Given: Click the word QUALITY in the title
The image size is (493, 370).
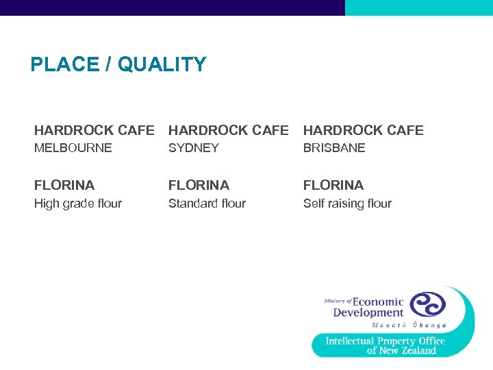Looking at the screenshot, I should (162, 64).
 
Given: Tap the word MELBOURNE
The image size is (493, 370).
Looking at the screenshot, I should (73, 148).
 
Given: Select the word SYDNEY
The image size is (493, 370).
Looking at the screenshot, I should (194, 148).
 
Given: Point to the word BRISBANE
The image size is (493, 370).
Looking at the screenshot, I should (334, 148).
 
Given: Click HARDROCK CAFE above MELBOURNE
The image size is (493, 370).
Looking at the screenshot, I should (94, 130).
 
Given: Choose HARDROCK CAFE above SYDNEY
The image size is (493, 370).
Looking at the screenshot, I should (229, 130).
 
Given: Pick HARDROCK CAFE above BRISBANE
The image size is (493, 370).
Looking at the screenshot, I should (364, 130).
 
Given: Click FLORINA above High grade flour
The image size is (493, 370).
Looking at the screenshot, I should (64, 185).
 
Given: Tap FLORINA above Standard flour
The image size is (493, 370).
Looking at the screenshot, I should (199, 185).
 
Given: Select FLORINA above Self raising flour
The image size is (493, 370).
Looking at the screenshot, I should (333, 185).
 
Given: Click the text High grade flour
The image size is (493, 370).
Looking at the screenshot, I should (78, 203).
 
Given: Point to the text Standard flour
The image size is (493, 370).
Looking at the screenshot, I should (207, 203).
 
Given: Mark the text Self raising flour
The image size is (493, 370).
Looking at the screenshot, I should (347, 203).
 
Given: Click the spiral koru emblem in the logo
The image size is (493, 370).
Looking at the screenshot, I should (427, 304).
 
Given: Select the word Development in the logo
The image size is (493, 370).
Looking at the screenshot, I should (368, 313).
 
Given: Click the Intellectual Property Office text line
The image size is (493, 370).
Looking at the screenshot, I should (385, 341).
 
